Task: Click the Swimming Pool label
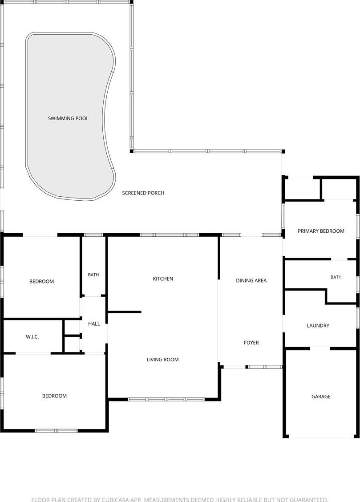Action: [x=68, y=118]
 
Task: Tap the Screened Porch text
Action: [x=143, y=193]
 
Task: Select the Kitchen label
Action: [x=163, y=279]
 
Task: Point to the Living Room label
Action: [x=162, y=360]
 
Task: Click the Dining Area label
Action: [x=251, y=280]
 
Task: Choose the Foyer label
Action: [x=251, y=343]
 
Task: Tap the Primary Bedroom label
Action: [x=321, y=231]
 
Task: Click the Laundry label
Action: [x=318, y=326]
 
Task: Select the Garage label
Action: [x=321, y=397]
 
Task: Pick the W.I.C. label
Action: [x=32, y=337]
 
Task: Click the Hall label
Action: [x=94, y=324]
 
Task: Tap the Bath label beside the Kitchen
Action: [x=93, y=275]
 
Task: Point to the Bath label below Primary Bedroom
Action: [x=336, y=277]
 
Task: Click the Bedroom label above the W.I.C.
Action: [x=41, y=281]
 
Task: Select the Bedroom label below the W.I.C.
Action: [x=54, y=396]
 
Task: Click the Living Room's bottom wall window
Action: [x=166, y=399]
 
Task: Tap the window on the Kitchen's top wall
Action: [x=170, y=235]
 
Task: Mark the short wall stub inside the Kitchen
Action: [x=125, y=312]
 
